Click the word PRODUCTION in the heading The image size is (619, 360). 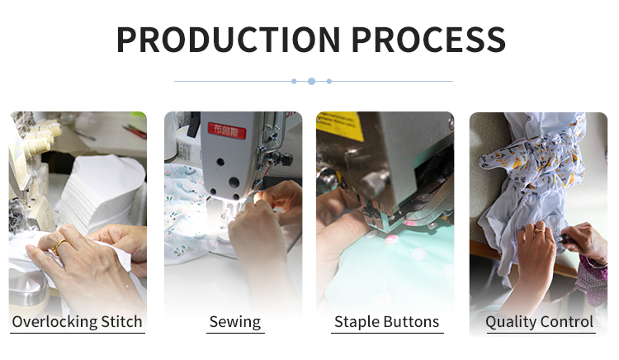point(228,40)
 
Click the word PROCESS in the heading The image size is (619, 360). point(428,40)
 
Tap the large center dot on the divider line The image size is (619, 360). point(311,81)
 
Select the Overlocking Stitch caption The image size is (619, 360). point(78,322)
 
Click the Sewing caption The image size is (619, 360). point(235,322)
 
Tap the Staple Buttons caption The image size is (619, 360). point(387,322)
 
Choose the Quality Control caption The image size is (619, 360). point(539,322)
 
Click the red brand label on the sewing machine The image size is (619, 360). point(227,130)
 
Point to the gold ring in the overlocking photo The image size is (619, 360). point(58,246)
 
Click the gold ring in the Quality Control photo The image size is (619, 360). point(539,230)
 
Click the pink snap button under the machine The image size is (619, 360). point(391,239)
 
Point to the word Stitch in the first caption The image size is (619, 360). point(121,322)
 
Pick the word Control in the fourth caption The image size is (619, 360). point(566,322)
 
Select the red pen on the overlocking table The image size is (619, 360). point(135,131)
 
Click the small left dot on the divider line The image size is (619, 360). point(294,81)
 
